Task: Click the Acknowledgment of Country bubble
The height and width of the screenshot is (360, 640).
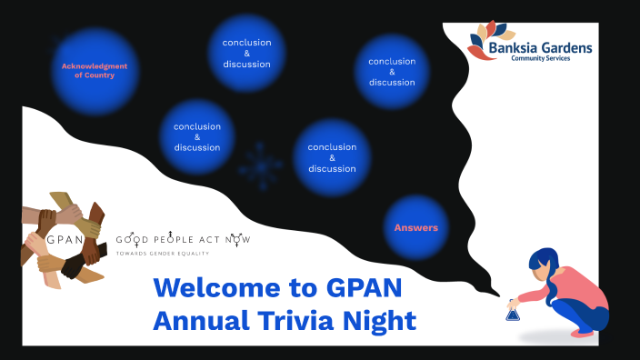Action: pyautogui.click(x=95, y=70)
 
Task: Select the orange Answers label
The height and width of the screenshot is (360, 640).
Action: pyautogui.click(x=415, y=227)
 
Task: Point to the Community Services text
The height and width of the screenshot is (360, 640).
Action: pyautogui.click(x=550, y=60)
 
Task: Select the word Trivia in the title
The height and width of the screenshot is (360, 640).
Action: pyautogui.click(x=296, y=320)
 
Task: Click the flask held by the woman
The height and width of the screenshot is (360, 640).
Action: pyautogui.click(x=513, y=314)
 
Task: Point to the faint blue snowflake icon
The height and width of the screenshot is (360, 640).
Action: pyautogui.click(x=261, y=165)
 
